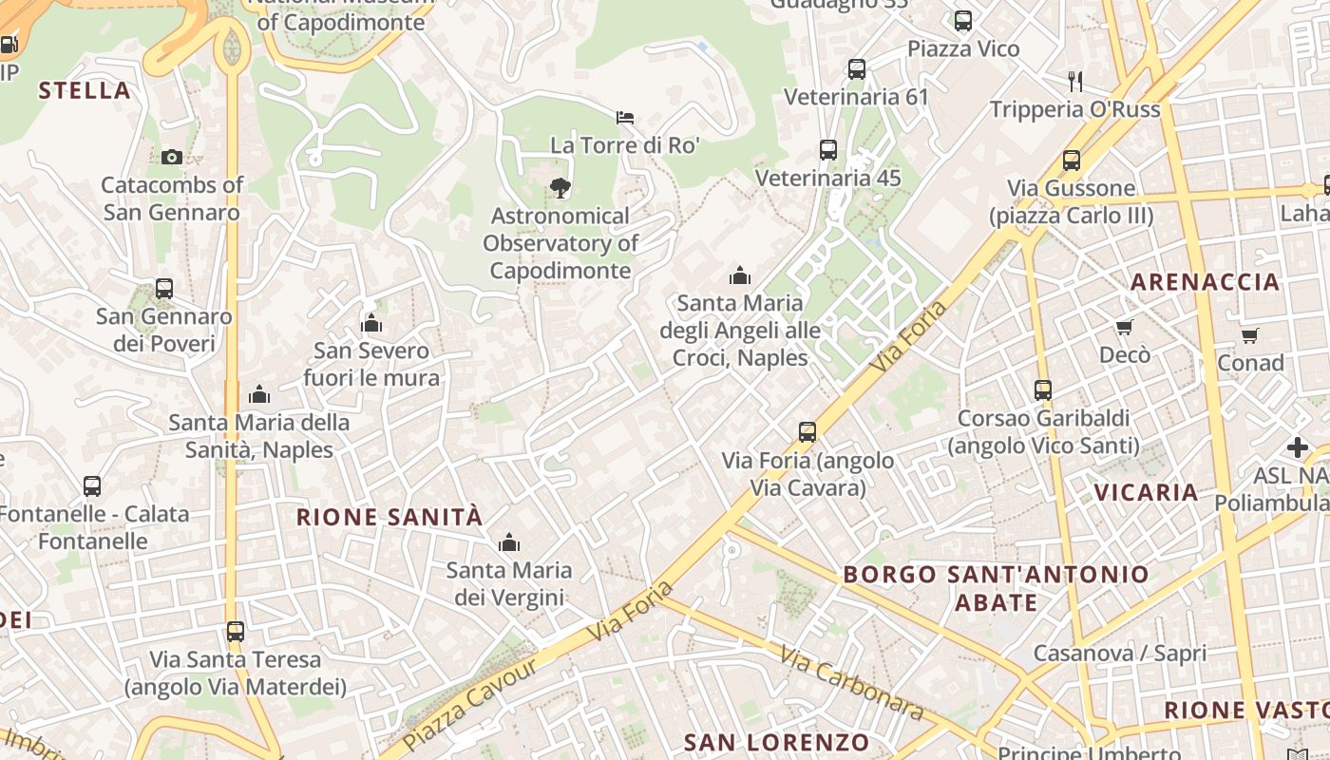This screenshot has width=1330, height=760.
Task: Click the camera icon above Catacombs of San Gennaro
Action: [x=171, y=157]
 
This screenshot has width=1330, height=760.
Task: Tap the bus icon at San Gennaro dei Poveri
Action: [x=164, y=289]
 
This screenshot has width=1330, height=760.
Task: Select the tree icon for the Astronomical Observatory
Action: [x=560, y=188]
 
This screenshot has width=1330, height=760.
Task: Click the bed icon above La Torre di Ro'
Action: [x=625, y=118]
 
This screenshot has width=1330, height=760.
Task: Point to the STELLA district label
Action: [x=85, y=91]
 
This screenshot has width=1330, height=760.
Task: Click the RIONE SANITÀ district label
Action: [x=389, y=518]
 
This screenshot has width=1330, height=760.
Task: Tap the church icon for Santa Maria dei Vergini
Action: [x=509, y=542]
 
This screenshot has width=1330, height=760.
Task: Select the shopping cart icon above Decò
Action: [x=1125, y=328]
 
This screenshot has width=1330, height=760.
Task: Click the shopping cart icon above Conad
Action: [x=1250, y=335]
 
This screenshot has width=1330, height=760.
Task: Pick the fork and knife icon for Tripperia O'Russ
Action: [x=1075, y=81]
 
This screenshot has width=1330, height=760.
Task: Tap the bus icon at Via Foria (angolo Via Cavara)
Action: [x=807, y=432]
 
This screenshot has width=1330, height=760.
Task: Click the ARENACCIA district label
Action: [x=1205, y=282]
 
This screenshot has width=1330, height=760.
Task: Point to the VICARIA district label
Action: [x=1146, y=492]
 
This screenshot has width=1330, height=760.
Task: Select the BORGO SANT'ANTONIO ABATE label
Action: [x=996, y=588]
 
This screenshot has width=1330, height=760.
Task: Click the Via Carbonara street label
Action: [x=851, y=683]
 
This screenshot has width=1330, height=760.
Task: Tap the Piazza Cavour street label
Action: [x=470, y=703]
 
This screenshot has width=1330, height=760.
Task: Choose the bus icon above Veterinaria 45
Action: [x=828, y=150]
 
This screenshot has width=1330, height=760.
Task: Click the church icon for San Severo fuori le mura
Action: [x=371, y=324]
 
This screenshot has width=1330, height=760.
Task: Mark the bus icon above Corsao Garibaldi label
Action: [x=1043, y=389]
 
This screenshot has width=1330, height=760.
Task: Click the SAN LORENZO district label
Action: [x=776, y=742]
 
